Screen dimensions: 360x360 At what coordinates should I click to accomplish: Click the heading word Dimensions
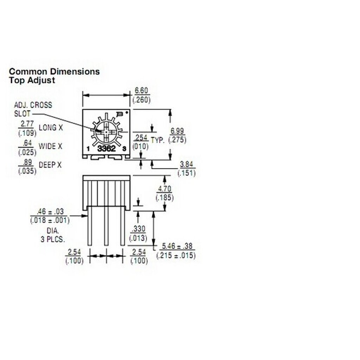[x=75, y=72]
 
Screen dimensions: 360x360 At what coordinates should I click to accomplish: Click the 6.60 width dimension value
[x=141, y=91]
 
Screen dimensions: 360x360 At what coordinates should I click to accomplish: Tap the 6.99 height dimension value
[x=177, y=131]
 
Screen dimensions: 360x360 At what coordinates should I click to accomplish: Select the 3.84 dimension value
[x=186, y=165]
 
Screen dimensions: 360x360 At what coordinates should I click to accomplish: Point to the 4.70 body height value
[x=165, y=189]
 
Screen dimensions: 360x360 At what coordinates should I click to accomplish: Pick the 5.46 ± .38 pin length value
[x=177, y=246]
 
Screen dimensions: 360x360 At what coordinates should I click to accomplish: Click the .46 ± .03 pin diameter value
[x=50, y=211]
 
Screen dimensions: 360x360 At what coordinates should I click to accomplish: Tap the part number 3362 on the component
[x=106, y=149]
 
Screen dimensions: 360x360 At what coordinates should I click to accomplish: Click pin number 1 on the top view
[x=88, y=149]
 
